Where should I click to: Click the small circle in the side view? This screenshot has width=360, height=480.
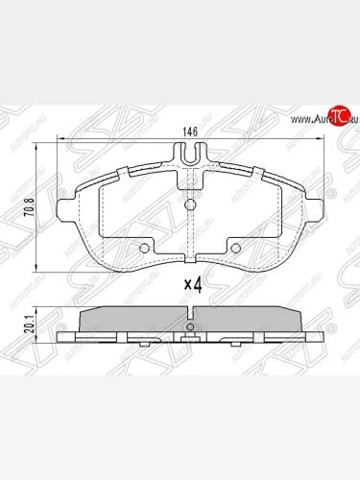click(190, 328)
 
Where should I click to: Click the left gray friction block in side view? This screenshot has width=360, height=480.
click(134, 320)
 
